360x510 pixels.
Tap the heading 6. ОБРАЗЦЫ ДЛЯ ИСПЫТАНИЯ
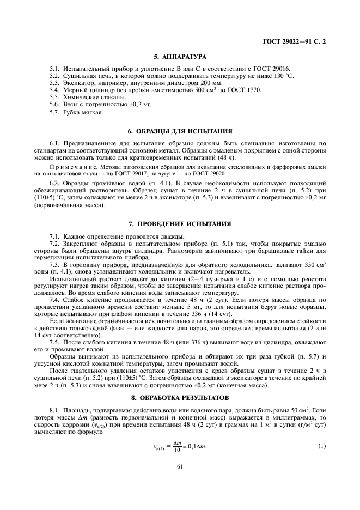[x=179, y=131]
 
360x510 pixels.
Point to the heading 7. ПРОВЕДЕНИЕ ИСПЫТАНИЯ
[x=179, y=224]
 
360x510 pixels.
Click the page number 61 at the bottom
[x=179, y=466]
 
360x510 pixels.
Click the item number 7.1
[x=54, y=236]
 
